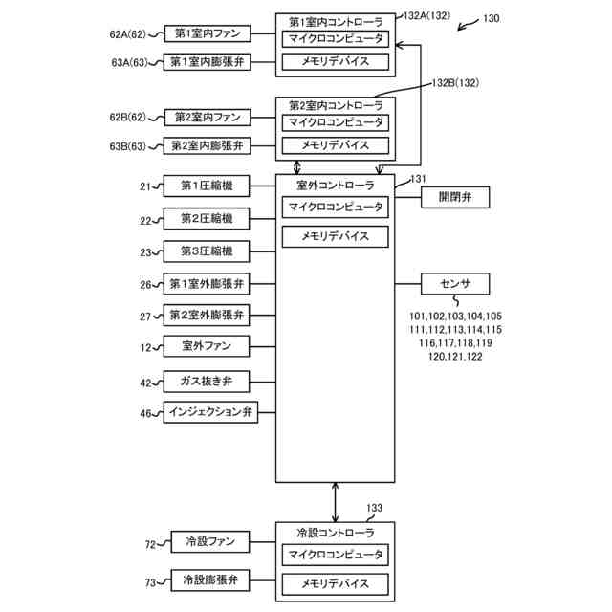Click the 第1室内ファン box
(x=208, y=33)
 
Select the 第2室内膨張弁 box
(x=207, y=145)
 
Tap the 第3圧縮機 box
(x=207, y=251)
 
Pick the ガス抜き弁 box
(x=207, y=382)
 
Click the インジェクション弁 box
(x=210, y=412)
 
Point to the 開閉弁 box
(x=455, y=197)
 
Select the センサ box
(x=455, y=284)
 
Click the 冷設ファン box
(x=210, y=542)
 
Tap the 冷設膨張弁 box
(x=210, y=580)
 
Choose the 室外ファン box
(x=207, y=346)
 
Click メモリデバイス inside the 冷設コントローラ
(x=336, y=584)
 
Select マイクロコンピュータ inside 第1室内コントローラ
(x=336, y=39)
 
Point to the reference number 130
(x=491, y=18)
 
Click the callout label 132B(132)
(x=455, y=83)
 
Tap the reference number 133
(x=374, y=508)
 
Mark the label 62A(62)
(x=127, y=34)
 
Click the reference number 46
(x=145, y=413)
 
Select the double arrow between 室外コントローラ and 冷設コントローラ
(x=336, y=502)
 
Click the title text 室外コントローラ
(x=336, y=186)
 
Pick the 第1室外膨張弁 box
(x=207, y=284)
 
